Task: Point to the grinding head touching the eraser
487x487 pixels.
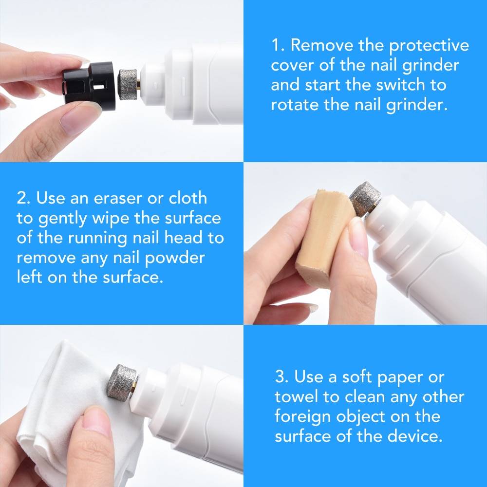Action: point(366,198)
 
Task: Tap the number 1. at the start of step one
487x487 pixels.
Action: point(278,46)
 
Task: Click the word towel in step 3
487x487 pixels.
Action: point(299,397)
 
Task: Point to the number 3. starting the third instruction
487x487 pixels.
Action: point(282,377)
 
